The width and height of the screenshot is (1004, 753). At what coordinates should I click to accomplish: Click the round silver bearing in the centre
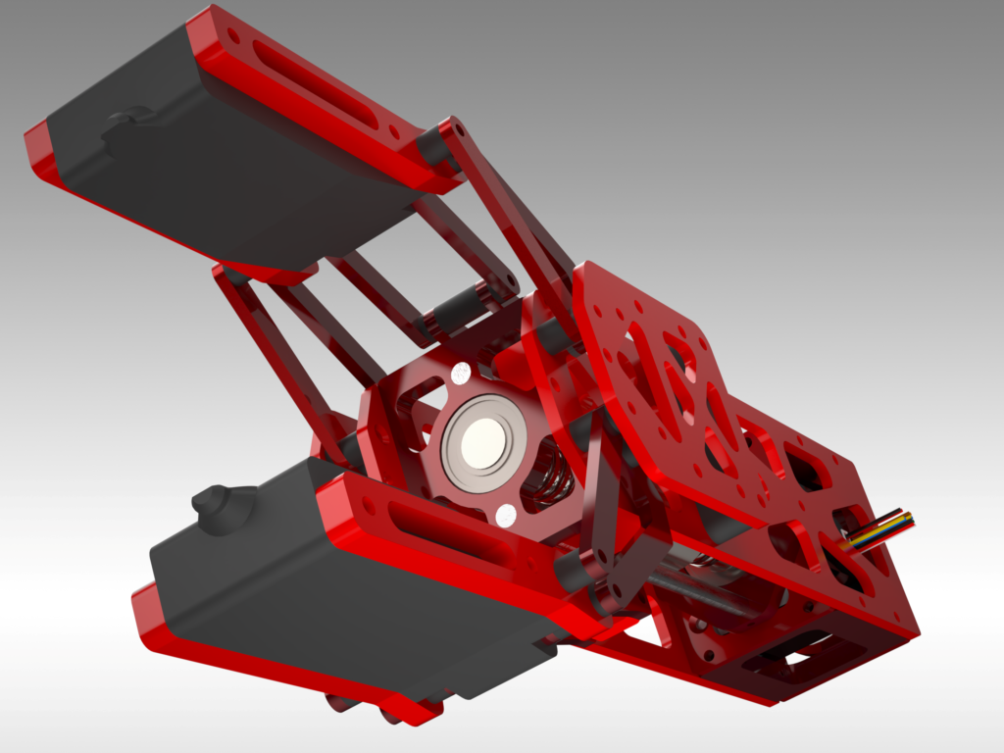point(484,443)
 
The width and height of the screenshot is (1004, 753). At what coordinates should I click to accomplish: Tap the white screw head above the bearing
point(460,373)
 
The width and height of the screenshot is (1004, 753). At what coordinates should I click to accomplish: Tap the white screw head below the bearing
point(506,516)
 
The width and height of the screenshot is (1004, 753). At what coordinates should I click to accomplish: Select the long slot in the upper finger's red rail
point(313,82)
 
